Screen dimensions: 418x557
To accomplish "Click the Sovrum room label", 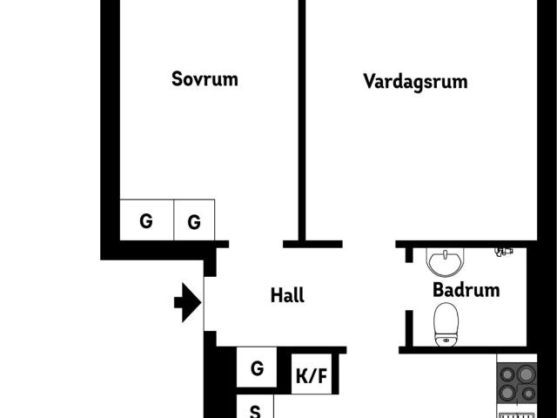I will (205, 79).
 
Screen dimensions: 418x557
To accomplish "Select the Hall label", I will (287, 296).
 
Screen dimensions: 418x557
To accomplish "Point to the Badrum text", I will (466, 290).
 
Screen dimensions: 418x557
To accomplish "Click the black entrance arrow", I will (187, 303).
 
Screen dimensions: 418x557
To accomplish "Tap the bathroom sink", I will (447, 261).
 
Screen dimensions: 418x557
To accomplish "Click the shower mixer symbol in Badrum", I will (502, 252).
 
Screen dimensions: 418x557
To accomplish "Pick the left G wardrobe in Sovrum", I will (146, 221).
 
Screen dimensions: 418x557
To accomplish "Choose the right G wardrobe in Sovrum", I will (194, 223).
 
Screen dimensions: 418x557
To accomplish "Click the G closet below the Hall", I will (257, 368).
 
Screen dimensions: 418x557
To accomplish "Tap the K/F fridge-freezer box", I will (312, 376).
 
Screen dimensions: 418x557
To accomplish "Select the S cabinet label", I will (255, 410).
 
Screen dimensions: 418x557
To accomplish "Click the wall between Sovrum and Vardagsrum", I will (302, 122).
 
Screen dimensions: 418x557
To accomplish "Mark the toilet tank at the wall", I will (446, 340).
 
